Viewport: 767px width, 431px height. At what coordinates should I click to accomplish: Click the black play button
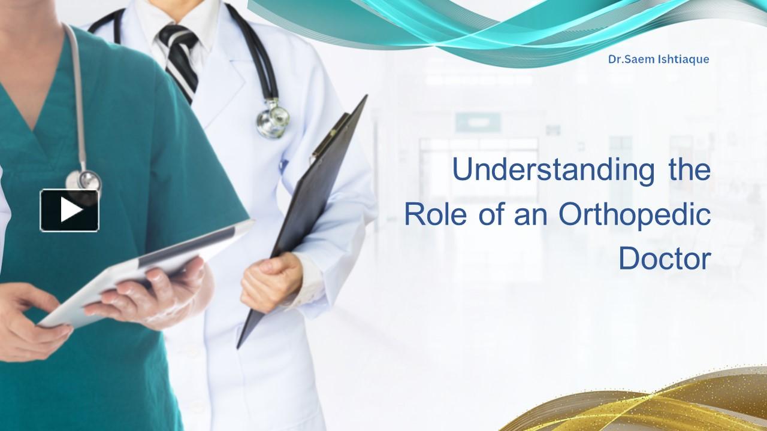[x=70, y=210]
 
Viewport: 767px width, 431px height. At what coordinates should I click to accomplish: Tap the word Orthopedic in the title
[x=635, y=215]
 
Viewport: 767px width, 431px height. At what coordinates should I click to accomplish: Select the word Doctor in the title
[x=664, y=259]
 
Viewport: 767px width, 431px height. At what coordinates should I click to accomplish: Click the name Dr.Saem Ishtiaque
[x=659, y=59]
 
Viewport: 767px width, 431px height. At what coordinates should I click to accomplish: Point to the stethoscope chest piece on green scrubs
[x=84, y=180]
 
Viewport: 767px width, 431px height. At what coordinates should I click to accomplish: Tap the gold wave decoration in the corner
[x=659, y=404]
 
